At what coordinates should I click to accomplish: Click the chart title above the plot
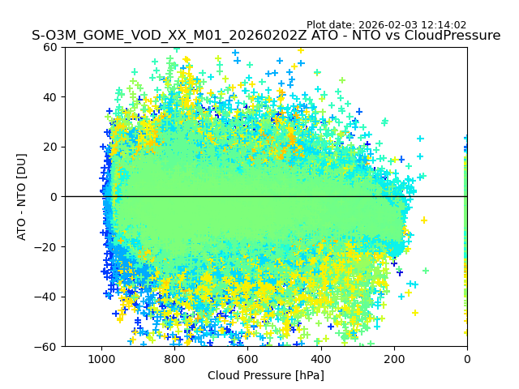pyautogui.click(x=266, y=36)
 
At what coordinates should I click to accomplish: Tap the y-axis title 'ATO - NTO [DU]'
pyautogui.click(x=22, y=197)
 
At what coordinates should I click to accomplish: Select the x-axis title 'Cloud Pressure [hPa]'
pyautogui.click(x=266, y=375)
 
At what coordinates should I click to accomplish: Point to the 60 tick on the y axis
pyautogui.click(x=50, y=47)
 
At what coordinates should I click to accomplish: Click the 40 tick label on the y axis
pyautogui.click(x=50, y=97)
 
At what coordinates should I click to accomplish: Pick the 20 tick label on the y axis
pyautogui.click(x=50, y=147)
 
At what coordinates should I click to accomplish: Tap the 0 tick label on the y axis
pyautogui.click(x=54, y=197)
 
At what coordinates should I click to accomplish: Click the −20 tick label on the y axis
pyautogui.click(x=47, y=246)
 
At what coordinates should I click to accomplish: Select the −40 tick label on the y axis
pyautogui.click(x=47, y=297)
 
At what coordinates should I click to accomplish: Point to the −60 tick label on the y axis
pyautogui.click(x=47, y=346)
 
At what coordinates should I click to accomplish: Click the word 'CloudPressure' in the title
pyautogui.click(x=456, y=36)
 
